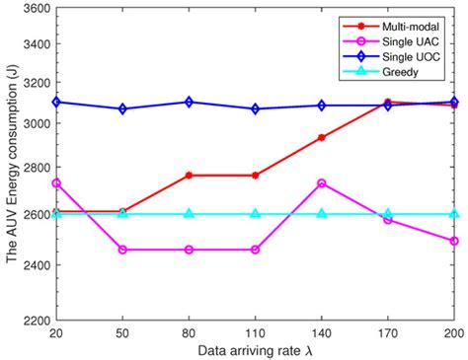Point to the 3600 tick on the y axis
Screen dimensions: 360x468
coord(33,9)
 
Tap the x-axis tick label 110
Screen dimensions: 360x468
coord(256,334)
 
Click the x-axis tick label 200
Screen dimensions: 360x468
coord(455,334)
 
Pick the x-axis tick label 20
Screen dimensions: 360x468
coord(56,334)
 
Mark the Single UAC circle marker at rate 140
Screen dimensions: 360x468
coord(322,182)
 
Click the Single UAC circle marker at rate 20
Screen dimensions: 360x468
coord(56,182)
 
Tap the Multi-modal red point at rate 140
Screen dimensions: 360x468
coord(322,137)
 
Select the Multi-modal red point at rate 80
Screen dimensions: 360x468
coord(190,175)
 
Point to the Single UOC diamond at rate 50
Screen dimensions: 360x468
coord(122,108)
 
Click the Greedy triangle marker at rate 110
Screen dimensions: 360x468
coord(256,213)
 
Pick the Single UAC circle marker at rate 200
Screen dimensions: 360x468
coord(455,241)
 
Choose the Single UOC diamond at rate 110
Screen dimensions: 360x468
coord(256,108)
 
